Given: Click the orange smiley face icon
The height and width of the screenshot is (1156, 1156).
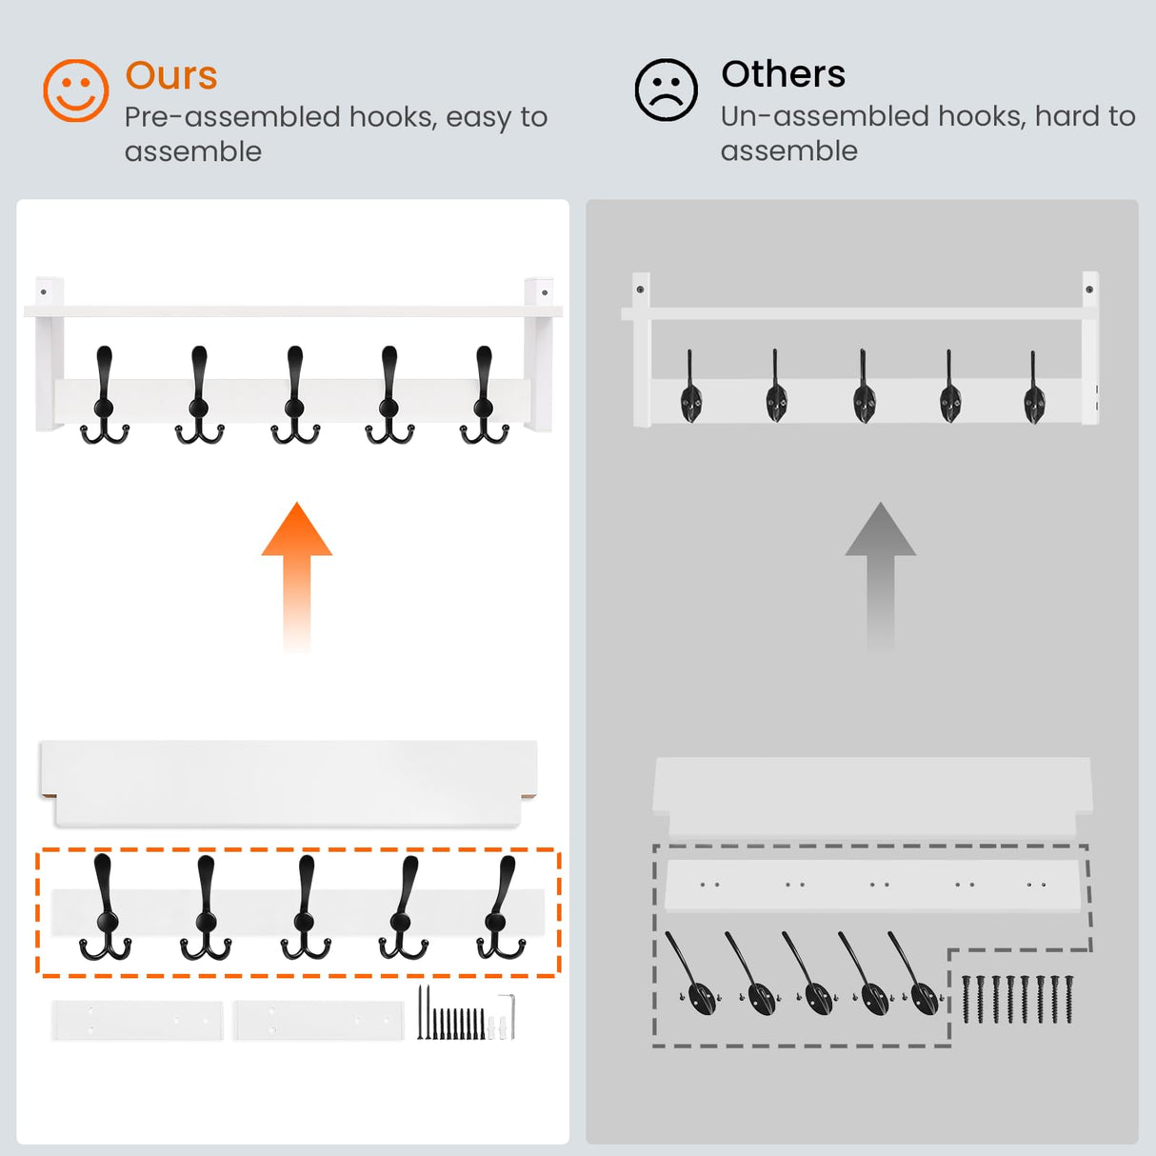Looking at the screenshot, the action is [x=75, y=90].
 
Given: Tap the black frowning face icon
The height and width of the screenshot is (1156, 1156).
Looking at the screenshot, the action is [x=666, y=90].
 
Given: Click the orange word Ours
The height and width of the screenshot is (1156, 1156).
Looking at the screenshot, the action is [x=171, y=76].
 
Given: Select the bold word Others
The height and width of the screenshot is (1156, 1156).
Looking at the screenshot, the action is [x=783, y=74].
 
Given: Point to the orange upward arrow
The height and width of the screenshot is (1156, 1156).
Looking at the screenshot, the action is [x=297, y=576].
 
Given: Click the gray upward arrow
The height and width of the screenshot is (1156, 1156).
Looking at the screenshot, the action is [x=880, y=576].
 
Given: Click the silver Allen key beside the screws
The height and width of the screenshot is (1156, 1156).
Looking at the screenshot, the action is [x=509, y=1016].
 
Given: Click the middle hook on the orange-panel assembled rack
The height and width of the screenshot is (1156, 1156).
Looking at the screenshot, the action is [x=294, y=396].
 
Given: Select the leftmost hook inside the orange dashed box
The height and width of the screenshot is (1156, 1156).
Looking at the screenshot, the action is [x=105, y=906].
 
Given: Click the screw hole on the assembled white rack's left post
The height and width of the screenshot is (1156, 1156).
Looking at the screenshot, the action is [x=43, y=292].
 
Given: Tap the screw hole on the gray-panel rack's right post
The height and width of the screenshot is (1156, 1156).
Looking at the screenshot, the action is [x=1089, y=289].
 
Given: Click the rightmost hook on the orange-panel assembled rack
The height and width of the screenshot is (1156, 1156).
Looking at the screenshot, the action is [x=484, y=396].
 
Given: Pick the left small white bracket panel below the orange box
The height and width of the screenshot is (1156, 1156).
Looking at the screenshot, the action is [x=137, y=1020].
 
